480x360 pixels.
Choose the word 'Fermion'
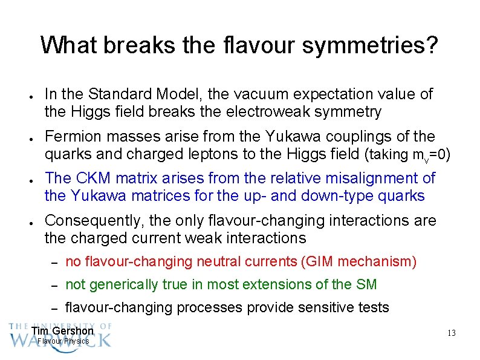tap(71, 136)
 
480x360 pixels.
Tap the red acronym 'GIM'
tap(319, 261)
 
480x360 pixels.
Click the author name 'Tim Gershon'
tap(62, 330)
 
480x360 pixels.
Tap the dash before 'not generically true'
tap(53, 285)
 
